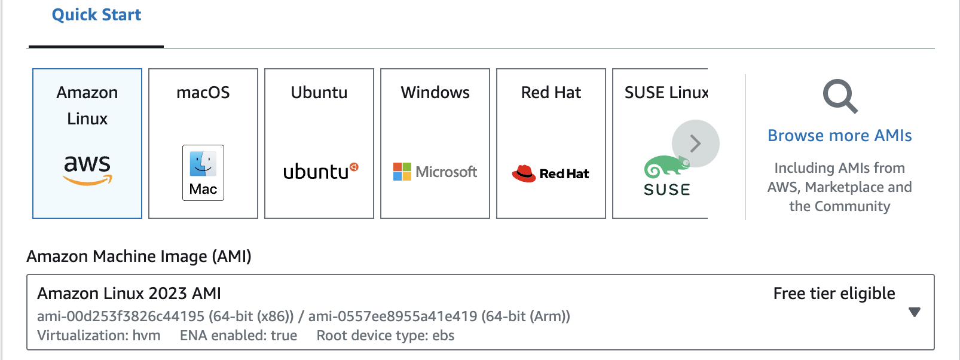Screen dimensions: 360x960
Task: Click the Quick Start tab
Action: click(x=96, y=15)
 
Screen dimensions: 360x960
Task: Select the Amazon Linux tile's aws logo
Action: click(x=87, y=169)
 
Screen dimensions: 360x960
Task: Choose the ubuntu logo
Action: click(x=320, y=172)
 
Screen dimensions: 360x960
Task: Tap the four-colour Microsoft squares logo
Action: click(x=402, y=172)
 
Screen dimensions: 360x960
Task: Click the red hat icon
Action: click(x=524, y=173)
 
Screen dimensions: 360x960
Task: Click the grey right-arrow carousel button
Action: click(x=695, y=144)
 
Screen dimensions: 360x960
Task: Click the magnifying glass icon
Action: click(x=839, y=96)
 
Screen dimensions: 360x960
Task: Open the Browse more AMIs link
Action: click(x=839, y=136)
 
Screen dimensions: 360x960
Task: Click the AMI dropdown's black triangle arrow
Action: click(x=914, y=312)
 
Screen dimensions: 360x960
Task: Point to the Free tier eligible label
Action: click(x=834, y=294)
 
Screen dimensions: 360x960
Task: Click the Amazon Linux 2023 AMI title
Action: click(x=129, y=294)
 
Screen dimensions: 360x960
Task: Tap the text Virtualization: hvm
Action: click(x=99, y=335)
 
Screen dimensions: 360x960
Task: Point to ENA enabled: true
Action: click(x=239, y=335)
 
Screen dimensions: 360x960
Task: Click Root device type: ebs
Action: click(x=386, y=335)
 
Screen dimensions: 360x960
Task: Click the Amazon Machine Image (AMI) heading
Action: click(x=139, y=257)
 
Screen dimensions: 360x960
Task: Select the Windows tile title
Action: click(x=435, y=93)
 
